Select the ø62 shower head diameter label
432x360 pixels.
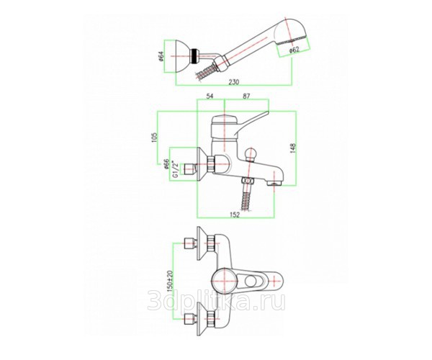tap(294, 50)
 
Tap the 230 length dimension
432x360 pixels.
tap(234, 82)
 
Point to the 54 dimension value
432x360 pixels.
tap(210, 96)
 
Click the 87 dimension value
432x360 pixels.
tap(246, 96)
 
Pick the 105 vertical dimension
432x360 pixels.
tap(154, 138)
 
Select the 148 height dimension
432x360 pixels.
tap(293, 148)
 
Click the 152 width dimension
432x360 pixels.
tap(235, 215)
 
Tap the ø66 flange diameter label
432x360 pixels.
tap(166, 164)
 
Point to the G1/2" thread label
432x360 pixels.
tap(174, 169)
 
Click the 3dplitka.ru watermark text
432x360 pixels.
tap(216, 300)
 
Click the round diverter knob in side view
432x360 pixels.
tap(251, 153)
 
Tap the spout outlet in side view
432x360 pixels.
tap(274, 183)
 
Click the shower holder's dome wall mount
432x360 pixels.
tap(182, 56)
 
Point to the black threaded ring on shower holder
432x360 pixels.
tap(194, 56)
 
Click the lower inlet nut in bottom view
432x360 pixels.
tap(190, 319)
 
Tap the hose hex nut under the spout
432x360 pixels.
tap(248, 181)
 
